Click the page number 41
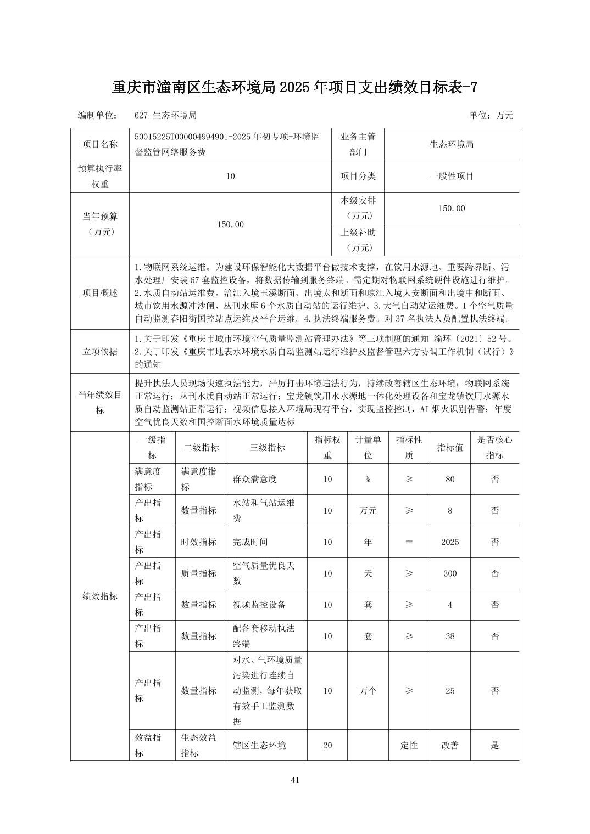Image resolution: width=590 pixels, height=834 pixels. click(295, 780)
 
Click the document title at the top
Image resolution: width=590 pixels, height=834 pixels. click(295, 87)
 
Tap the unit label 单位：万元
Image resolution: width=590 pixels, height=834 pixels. click(491, 115)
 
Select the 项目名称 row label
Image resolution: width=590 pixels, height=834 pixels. click(100, 144)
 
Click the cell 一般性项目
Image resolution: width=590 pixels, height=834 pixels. click(451, 176)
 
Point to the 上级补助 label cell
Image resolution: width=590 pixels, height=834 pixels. click(358, 240)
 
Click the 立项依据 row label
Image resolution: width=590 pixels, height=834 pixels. click(100, 351)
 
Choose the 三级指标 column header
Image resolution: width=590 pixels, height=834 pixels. click(267, 447)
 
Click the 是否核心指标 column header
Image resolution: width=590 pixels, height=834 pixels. click(494, 447)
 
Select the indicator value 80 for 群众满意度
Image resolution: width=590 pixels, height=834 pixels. click(450, 479)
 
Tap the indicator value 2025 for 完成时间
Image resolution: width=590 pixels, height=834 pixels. click(450, 542)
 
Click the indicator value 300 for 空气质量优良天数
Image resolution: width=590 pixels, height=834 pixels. click(450, 573)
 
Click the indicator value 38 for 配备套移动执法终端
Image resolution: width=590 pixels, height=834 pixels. click(450, 636)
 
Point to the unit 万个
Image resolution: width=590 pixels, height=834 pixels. click(368, 691)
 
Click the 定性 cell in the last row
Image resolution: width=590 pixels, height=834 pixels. click(409, 745)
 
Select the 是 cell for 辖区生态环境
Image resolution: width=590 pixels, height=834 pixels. click(494, 745)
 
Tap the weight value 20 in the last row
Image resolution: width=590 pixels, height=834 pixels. click(327, 745)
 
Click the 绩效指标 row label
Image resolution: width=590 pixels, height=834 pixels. click(100, 596)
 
